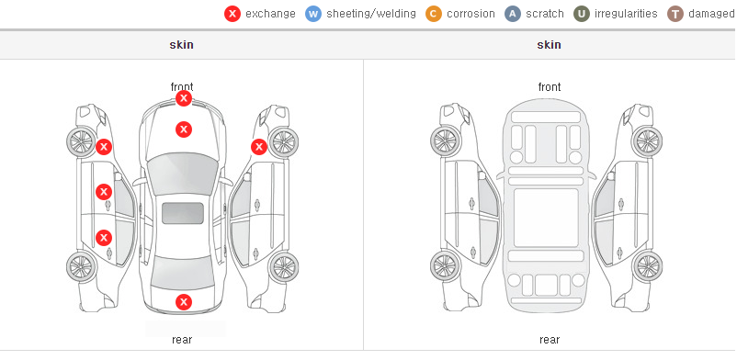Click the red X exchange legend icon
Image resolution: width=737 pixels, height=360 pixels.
(x=232, y=14)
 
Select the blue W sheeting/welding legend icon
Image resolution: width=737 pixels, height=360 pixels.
(x=313, y=14)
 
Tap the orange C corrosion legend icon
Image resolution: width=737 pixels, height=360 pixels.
(x=434, y=14)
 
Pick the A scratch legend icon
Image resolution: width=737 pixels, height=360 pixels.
(x=513, y=14)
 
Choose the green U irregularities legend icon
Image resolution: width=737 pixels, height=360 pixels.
(x=582, y=14)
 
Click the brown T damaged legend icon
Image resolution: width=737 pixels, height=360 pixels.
(x=675, y=14)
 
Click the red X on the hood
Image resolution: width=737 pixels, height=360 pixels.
(x=184, y=129)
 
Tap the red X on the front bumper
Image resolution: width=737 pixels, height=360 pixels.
(x=184, y=98)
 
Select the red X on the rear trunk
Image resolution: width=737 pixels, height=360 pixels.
(x=184, y=302)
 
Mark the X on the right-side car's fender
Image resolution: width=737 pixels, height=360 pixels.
(x=259, y=147)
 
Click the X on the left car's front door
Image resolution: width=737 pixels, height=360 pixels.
(x=104, y=192)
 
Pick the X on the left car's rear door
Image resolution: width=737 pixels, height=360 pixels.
(x=104, y=238)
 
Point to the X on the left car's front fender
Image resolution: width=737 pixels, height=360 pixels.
(x=104, y=147)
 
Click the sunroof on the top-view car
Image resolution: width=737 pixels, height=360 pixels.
(x=183, y=213)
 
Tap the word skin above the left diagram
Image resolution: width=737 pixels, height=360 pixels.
(x=181, y=45)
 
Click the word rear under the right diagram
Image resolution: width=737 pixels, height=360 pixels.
(x=550, y=340)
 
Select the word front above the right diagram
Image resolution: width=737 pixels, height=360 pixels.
(x=550, y=87)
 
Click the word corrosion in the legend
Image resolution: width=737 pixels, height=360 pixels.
(x=471, y=14)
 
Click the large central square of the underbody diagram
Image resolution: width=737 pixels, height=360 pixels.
(x=546, y=218)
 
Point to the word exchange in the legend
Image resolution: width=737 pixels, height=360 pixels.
(x=270, y=14)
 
